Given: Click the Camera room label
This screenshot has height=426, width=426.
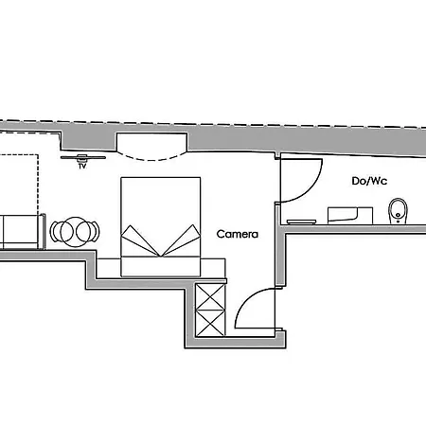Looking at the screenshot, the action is click(x=238, y=234).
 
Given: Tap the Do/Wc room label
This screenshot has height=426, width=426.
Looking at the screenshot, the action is click(x=369, y=181).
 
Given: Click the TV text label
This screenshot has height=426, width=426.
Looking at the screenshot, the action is click(x=82, y=166).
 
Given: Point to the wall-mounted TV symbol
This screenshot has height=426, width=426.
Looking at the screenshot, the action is click(x=83, y=157).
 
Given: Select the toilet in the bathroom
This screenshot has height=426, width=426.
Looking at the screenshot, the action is click(x=398, y=211).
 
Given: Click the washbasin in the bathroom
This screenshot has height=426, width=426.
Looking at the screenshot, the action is click(x=350, y=216).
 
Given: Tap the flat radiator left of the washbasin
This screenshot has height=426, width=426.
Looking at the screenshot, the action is click(x=301, y=222).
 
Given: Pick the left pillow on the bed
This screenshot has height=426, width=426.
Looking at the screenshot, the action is click(x=139, y=240).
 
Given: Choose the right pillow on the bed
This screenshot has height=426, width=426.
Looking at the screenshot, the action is click(x=182, y=240).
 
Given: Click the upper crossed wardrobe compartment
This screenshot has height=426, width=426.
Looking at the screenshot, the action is click(x=210, y=296).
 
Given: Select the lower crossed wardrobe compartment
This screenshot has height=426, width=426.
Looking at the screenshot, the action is click(x=210, y=323).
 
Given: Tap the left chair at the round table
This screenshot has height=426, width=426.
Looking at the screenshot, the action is click(x=56, y=232).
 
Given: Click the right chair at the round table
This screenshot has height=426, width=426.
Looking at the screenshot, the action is click(x=93, y=232).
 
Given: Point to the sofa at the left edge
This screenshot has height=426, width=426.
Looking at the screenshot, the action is click(x=22, y=232).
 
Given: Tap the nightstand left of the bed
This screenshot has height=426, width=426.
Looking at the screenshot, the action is click(x=109, y=268).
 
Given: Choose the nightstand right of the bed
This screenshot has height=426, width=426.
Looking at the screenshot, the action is click(x=213, y=268).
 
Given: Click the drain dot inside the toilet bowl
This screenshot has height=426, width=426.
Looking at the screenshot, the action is click(x=399, y=215).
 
